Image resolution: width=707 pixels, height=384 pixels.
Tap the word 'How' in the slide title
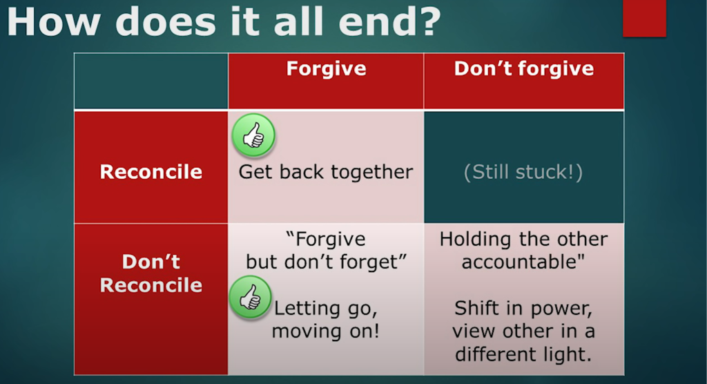coord(53,21)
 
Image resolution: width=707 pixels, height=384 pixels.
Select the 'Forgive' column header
coord(326,68)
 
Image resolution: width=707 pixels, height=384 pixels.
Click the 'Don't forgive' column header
coord(523,68)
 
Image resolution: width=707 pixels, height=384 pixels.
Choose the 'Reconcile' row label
coord(151,171)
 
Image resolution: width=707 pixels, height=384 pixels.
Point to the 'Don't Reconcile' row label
coord(151,273)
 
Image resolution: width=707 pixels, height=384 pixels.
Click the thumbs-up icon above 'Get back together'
coord(253,135)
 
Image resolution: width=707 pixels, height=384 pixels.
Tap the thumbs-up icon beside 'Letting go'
coord(250,297)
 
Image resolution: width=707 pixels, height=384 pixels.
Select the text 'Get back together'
coord(326,172)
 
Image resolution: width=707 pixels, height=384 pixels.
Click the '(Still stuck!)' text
coord(523,172)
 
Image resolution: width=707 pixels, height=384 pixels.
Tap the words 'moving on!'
coord(326,332)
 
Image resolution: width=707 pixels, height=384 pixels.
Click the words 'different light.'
coord(523,354)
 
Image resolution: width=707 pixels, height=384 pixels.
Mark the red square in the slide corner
coord(644,18)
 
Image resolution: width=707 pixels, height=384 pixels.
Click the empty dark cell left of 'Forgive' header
coord(151,81)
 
